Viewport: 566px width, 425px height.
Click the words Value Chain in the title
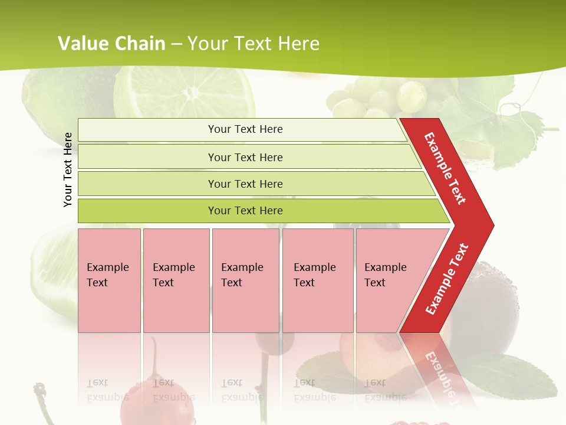point(111,44)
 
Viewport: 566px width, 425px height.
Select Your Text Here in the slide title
point(254,44)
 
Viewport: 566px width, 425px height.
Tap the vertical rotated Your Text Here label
point(68,169)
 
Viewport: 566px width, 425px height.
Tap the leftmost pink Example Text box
point(109,280)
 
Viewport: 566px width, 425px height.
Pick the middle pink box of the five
point(245,280)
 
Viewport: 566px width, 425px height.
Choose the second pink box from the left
point(176,280)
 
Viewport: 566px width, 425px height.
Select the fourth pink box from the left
point(317,280)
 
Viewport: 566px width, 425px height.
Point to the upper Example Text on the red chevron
point(446,168)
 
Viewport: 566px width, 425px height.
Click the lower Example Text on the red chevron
point(446,279)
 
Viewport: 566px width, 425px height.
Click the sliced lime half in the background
point(184,94)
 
